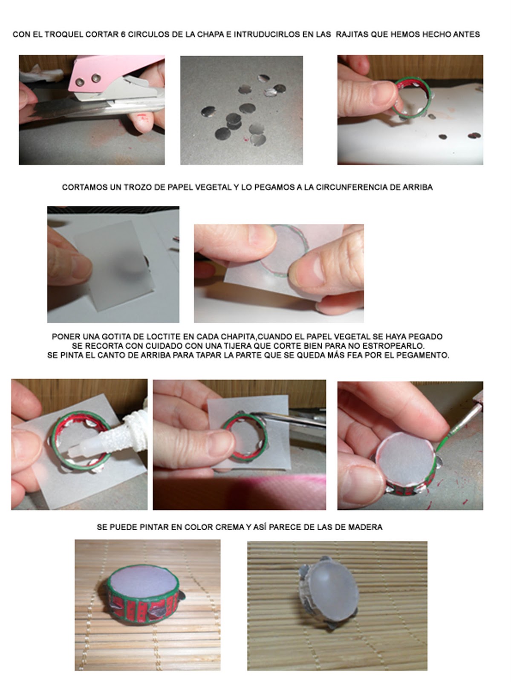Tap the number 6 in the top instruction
pos(123,34)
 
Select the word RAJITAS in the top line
pos(352,34)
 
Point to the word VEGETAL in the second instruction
pos(215,188)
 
